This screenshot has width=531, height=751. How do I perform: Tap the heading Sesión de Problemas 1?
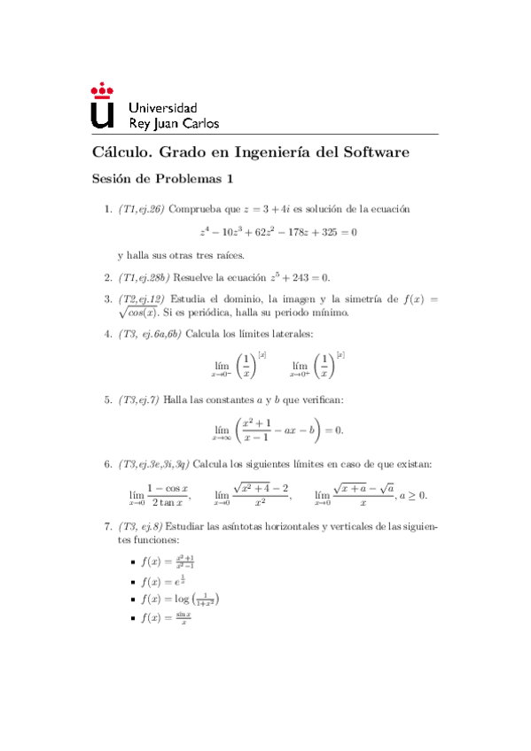161,179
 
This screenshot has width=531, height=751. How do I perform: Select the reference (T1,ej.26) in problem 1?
142,210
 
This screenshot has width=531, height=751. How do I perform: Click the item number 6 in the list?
108,464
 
